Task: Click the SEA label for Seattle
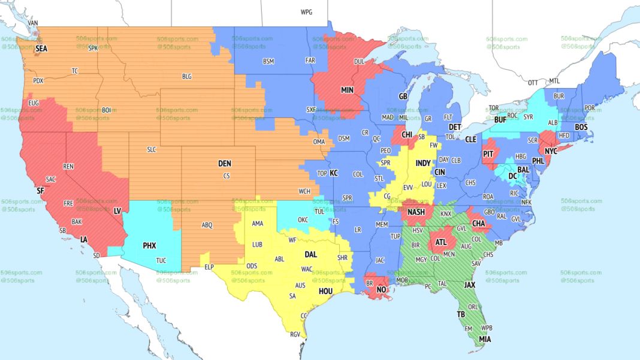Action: click(x=41, y=49)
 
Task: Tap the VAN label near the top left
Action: click(x=33, y=23)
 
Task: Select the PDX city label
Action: click(x=38, y=80)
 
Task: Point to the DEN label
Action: click(x=224, y=164)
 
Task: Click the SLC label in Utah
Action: click(x=152, y=149)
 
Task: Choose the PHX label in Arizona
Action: click(x=149, y=246)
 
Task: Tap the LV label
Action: click(x=117, y=211)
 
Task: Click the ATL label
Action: click(x=441, y=243)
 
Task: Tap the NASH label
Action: click(x=416, y=212)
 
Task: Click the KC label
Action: click(x=334, y=173)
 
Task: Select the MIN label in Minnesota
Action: click(x=347, y=90)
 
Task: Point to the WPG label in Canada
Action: click(x=306, y=12)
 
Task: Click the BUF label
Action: click(x=500, y=120)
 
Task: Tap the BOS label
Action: click(x=581, y=127)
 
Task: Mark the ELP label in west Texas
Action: click(x=209, y=267)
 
